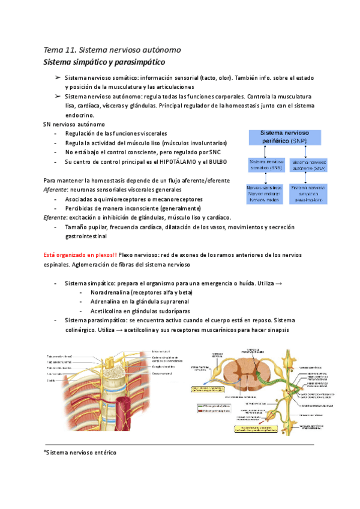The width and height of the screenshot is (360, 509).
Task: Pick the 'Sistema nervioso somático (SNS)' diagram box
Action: pyautogui.click(x=266, y=165)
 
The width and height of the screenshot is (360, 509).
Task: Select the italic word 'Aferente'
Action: pyautogui.click(x=56, y=189)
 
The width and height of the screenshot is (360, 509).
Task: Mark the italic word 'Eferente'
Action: pyautogui.click(x=56, y=217)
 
